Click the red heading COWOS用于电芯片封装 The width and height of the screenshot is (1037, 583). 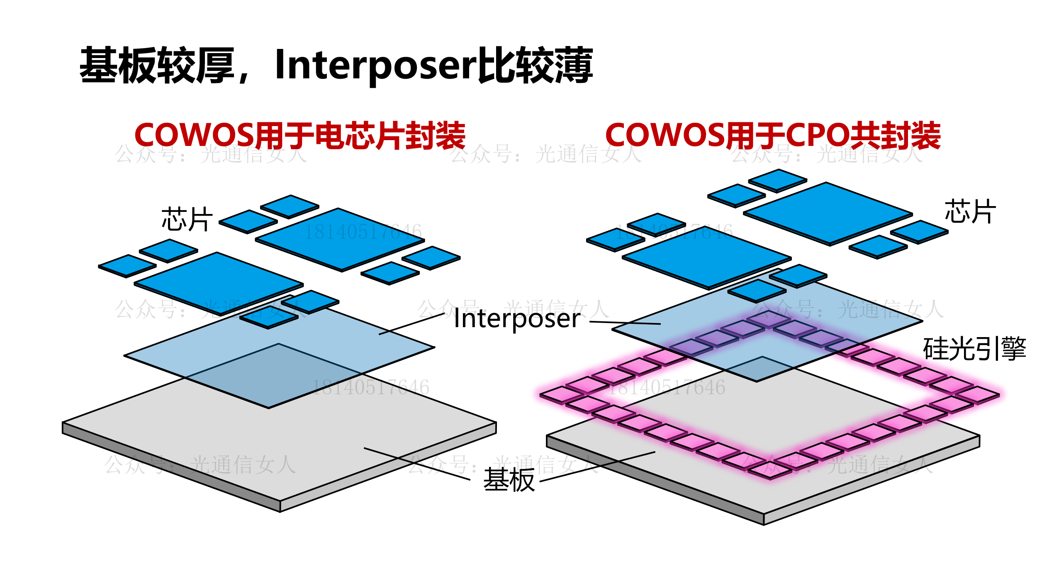coord(299,136)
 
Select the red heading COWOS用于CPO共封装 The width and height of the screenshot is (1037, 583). coord(772,136)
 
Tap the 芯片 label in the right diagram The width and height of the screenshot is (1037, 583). coord(970,211)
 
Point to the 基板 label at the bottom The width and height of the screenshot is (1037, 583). coord(509,480)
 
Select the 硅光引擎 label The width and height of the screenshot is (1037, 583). coord(974,349)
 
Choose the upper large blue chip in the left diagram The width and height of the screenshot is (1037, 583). coord(340,240)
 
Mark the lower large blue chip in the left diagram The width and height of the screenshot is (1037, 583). coord(219,284)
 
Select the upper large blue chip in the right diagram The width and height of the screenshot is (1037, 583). coord(828,214)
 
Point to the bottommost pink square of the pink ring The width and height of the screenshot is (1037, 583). coord(770,470)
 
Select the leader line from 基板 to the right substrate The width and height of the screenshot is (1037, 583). coord(597,466)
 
